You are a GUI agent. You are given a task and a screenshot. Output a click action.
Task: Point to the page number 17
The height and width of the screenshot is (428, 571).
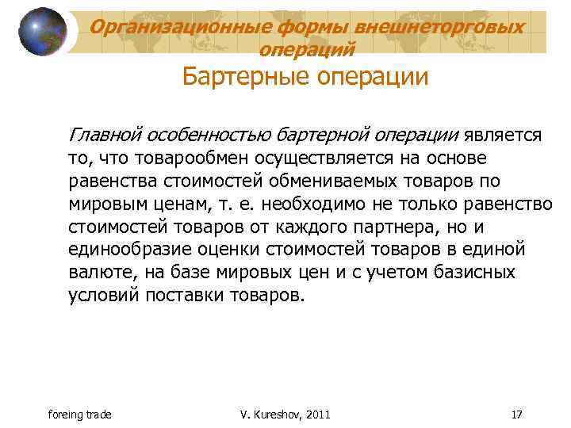(516, 415)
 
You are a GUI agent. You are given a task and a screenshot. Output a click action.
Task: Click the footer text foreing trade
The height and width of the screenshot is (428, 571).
(80, 415)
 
